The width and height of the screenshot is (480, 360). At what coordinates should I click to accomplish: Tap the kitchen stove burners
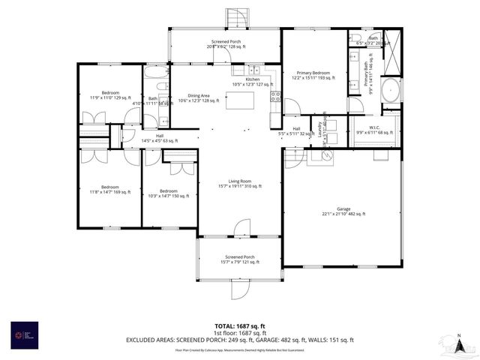(276, 96)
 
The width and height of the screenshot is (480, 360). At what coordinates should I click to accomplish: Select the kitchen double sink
(248, 69)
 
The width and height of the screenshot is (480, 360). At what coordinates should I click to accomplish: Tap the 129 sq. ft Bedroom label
(105, 95)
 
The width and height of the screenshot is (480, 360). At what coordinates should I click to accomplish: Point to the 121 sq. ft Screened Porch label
(239, 259)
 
